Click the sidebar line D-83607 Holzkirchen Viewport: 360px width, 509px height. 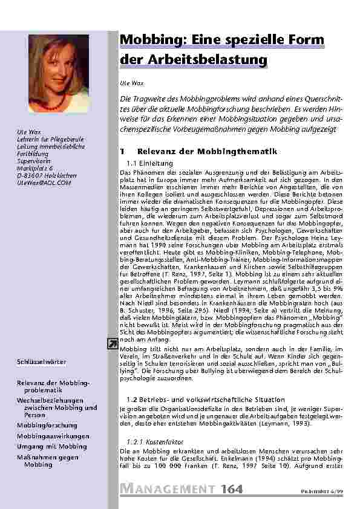[46, 175]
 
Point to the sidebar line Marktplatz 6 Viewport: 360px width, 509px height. [34, 168]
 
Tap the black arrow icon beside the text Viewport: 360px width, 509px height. [113, 343]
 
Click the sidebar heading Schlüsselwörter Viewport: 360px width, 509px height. [41, 362]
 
